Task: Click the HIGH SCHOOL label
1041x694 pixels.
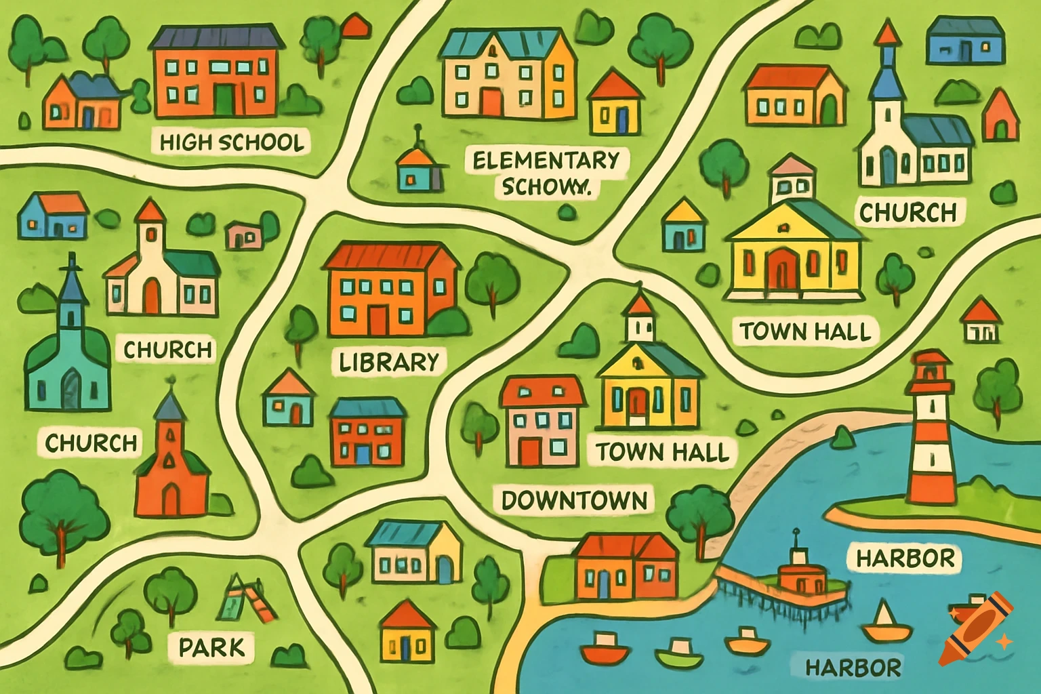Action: point(231,142)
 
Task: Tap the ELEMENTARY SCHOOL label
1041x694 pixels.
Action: point(546,173)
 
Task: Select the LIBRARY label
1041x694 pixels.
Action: point(389,362)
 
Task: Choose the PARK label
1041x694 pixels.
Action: point(211,647)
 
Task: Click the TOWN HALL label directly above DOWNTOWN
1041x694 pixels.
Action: point(662,452)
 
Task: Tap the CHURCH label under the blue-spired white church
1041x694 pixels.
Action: point(908,213)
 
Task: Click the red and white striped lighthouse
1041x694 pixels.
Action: point(930,434)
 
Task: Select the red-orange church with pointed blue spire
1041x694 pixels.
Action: point(171,468)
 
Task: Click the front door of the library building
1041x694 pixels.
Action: point(377,320)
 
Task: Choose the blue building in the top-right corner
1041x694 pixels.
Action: point(964,41)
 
